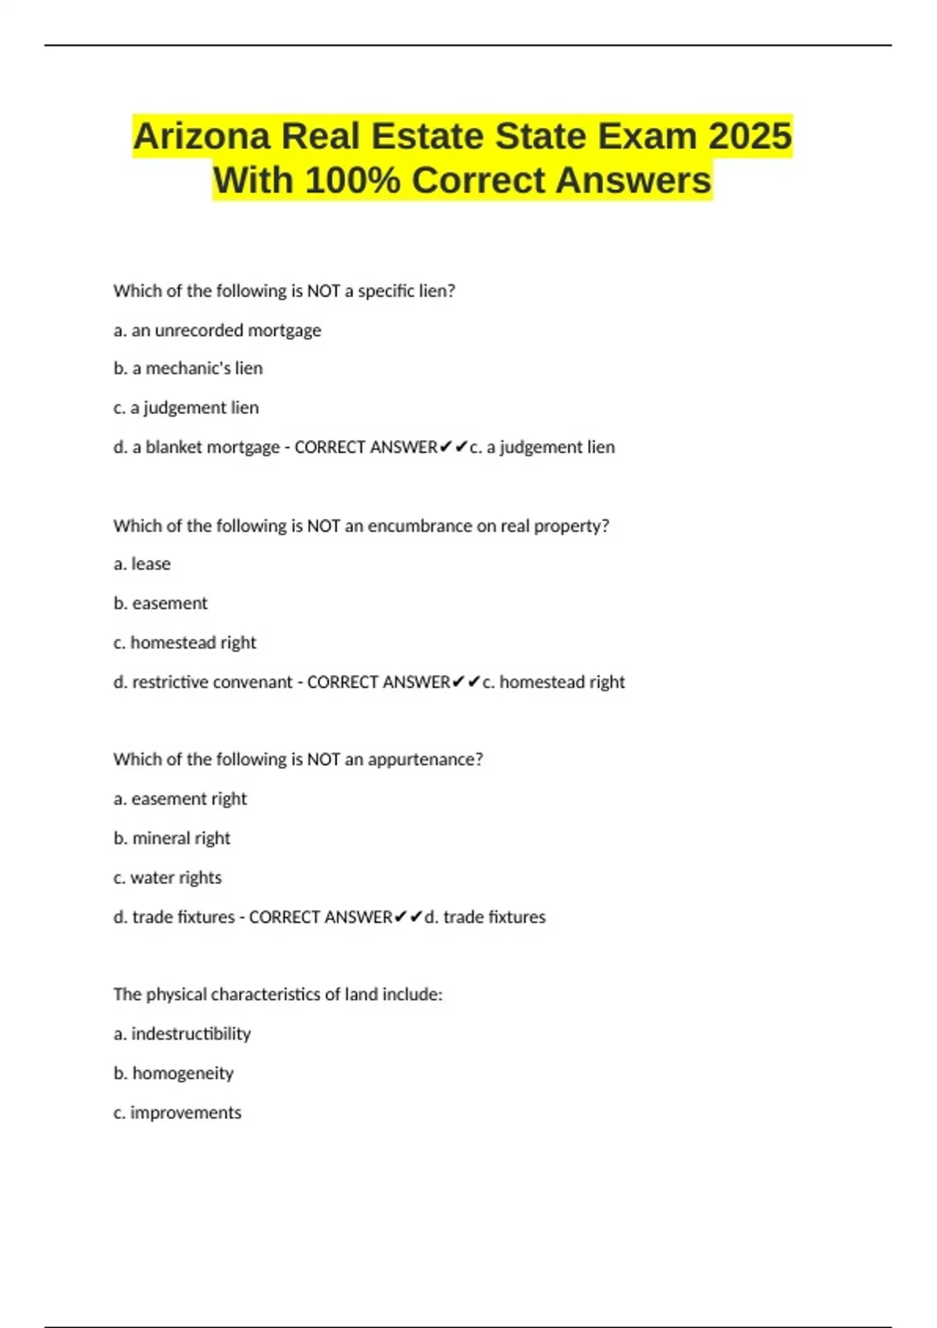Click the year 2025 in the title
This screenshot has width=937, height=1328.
pos(750,136)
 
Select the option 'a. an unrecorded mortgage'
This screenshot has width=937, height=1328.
pos(217,330)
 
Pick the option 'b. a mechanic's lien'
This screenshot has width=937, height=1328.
pos(188,369)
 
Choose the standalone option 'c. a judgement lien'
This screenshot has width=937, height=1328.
pos(186,408)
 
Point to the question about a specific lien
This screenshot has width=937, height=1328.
pos(284,291)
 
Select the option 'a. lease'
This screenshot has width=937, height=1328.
pos(142,564)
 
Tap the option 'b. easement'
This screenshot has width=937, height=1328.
pos(161,603)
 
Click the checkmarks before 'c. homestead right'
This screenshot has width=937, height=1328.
pos(466,682)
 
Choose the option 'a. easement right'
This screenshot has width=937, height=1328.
pos(180,799)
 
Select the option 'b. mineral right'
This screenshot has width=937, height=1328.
pos(172,838)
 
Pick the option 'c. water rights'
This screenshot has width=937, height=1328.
pos(168,878)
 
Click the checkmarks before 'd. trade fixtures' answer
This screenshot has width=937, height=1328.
pos(408,917)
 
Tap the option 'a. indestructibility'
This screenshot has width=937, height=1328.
pos(182,1034)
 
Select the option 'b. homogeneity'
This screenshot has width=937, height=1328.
pos(173,1073)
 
